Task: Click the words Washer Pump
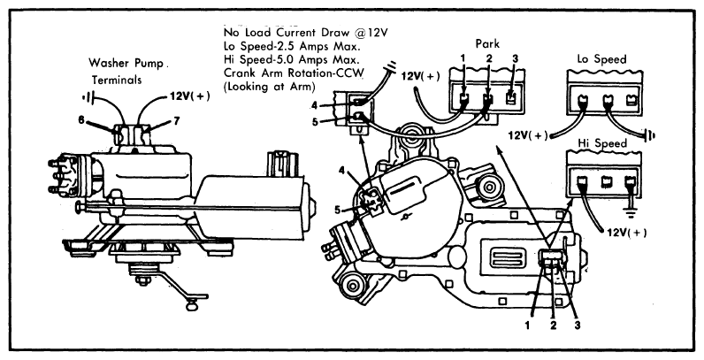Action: tap(126, 63)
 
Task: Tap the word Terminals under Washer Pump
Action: tap(117, 80)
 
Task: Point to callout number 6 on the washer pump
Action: tap(81, 120)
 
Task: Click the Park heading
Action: tap(487, 44)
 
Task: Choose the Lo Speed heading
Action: tap(601, 59)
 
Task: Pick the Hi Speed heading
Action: tap(602, 143)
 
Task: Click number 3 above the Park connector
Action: tap(515, 58)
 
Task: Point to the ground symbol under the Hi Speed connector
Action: tap(631, 213)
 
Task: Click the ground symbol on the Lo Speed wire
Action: tap(649, 134)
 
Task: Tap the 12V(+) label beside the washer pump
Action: tap(189, 96)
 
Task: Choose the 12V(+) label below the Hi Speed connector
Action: tap(627, 233)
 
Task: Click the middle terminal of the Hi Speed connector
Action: tap(607, 181)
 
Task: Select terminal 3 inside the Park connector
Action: tap(510, 98)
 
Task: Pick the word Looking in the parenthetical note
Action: tap(248, 87)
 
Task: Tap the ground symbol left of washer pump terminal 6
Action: tap(88, 99)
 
